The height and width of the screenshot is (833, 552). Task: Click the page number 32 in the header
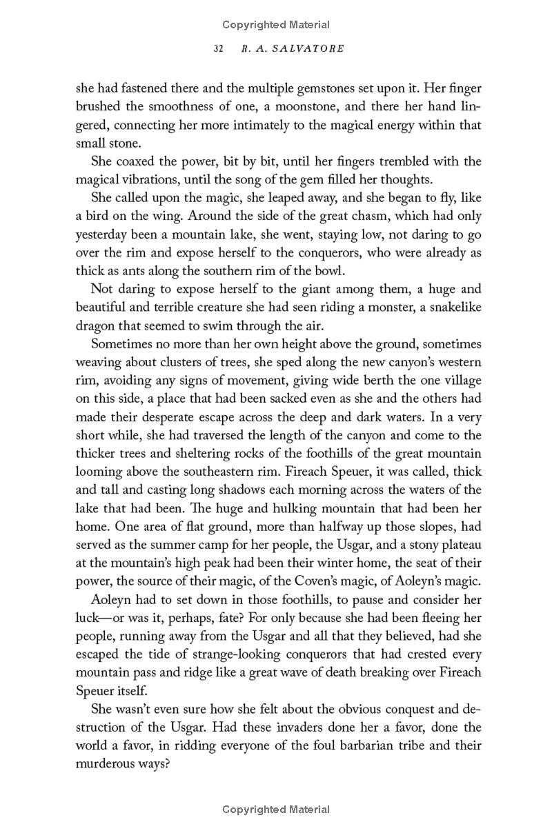(x=219, y=49)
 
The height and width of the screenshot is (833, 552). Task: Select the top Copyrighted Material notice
(x=276, y=25)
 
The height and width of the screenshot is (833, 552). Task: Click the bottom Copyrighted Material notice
(x=276, y=810)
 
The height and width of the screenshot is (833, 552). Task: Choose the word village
(x=460, y=381)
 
